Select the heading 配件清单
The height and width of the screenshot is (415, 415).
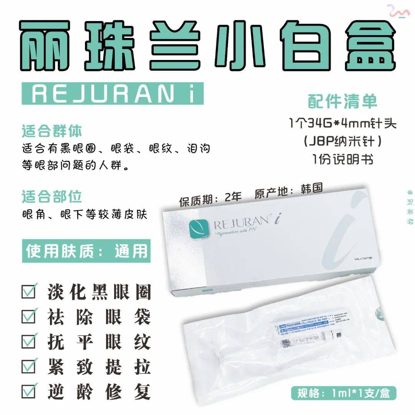[342, 101]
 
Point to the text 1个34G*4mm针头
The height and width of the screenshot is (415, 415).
[342, 124]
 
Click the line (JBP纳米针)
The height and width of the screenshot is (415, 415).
[342, 141]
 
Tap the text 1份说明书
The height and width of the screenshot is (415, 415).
[342, 159]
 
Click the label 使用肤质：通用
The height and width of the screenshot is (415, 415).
[86, 251]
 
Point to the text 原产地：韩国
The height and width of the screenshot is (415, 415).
[288, 191]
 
